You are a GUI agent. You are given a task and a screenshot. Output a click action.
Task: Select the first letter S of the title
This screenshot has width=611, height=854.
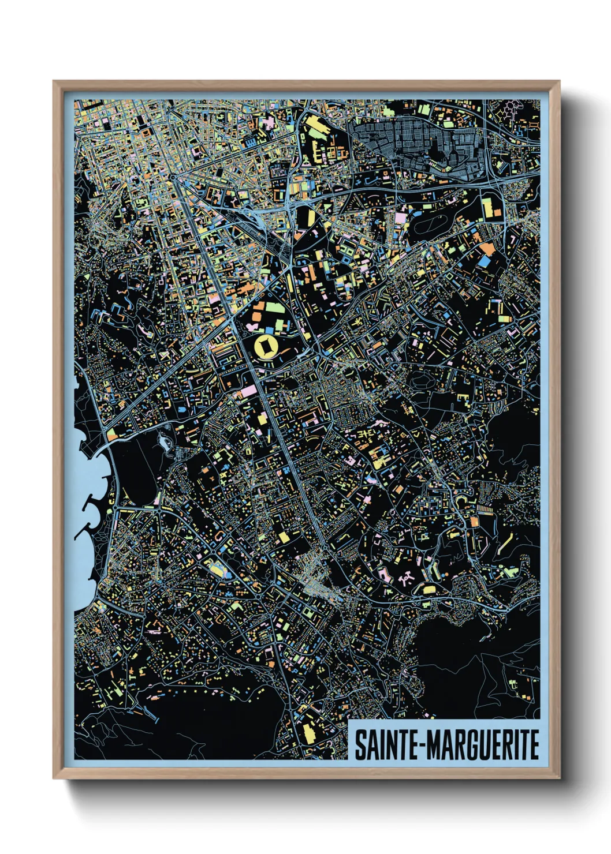point(359,746)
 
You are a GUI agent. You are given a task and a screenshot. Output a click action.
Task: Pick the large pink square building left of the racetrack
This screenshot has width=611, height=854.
point(400,219)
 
